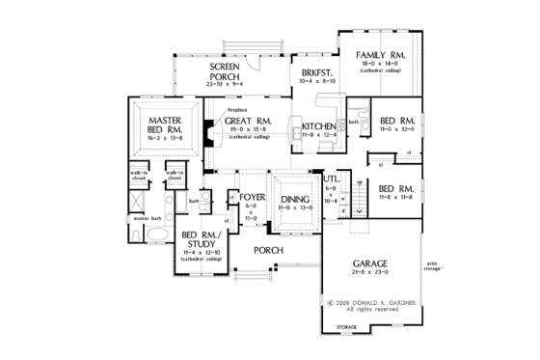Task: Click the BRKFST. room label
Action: tap(316, 73)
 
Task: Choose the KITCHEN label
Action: tap(318, 127)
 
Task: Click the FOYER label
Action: tap(253, 198)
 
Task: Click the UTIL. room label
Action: tap(331, 179)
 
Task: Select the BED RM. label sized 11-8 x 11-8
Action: tap(396, 187)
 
